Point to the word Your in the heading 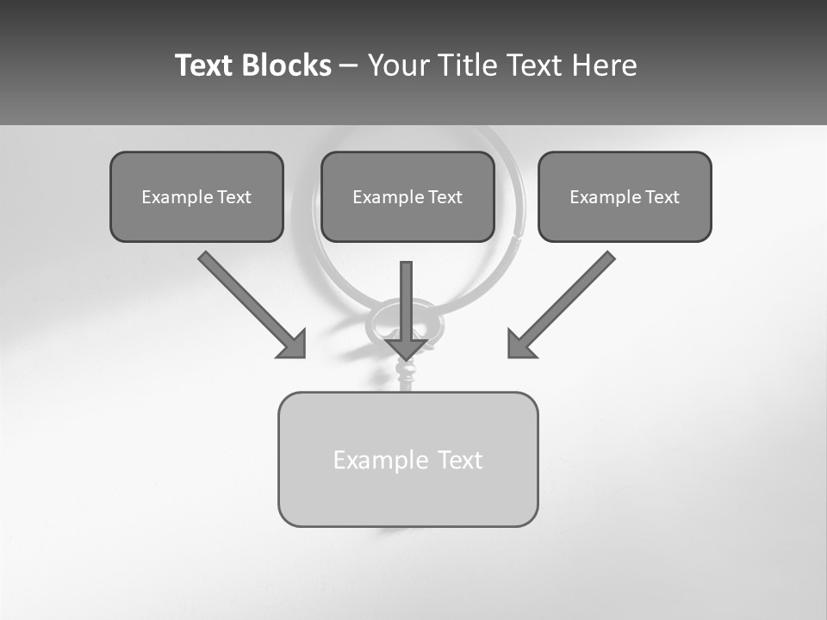[399, 65]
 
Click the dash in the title [349, 66]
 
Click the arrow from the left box [246, 298]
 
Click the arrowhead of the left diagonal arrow [293, 344]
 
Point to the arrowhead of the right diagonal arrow [520, 344]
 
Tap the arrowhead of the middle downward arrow [406, 348]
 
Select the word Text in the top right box [662, 197]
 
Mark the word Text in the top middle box [445, 197]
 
